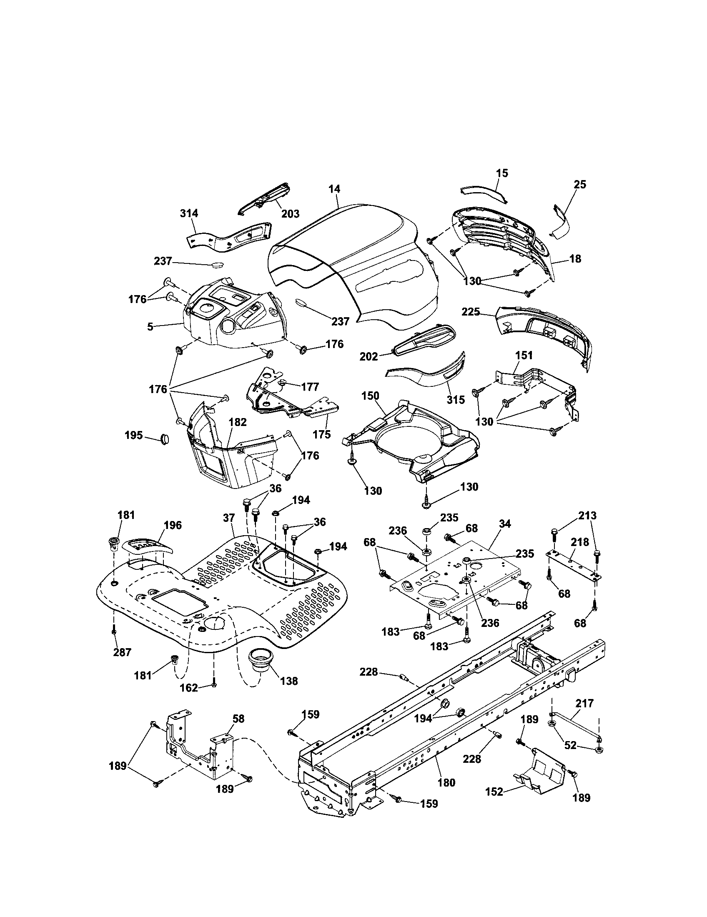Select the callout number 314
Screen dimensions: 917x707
[x=189, y=213]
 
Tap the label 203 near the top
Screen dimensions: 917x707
[x=290, y=214]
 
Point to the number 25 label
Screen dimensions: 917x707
[x=579, y=185]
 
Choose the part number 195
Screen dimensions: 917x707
[x=133, y=435]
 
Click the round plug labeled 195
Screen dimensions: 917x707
[x=165, y=439]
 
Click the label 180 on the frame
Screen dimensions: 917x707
[x=446, y=782]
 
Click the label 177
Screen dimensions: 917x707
[x=310, y=387]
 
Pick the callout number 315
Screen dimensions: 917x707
[x=456, y=400]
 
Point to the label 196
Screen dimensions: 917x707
[x=173, y=525]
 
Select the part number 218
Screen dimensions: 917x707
[x=580, y=542]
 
